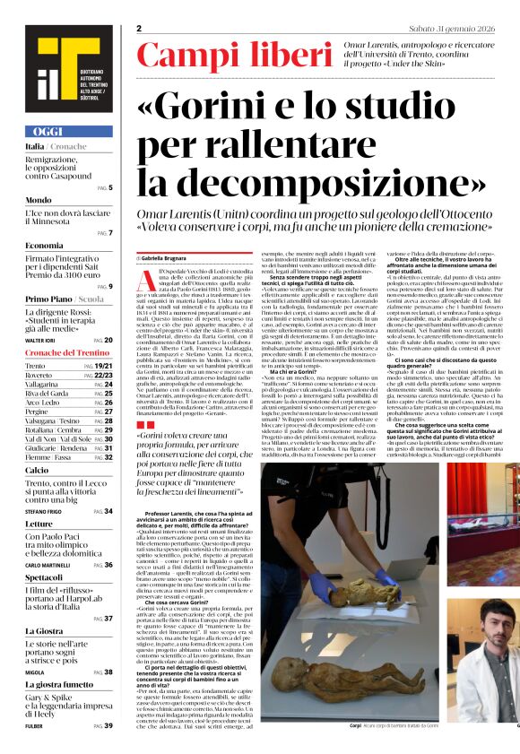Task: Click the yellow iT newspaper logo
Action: coord(62,65)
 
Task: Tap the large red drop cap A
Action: coord(146,281)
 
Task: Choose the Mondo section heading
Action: coord(39,200)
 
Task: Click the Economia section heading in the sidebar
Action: coord(45,245)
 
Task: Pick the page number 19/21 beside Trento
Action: coord(103,367)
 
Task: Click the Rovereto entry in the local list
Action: coord(38,376)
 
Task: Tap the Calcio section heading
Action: coord(37,470)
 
